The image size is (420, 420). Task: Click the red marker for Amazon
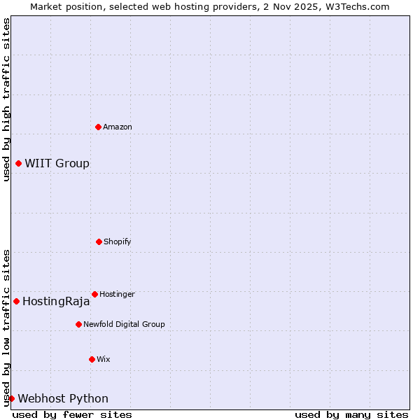98,127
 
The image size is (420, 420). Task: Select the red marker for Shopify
99,241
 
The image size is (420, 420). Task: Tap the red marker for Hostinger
94,294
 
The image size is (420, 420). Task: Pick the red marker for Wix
92,359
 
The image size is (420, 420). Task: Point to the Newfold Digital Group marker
78,324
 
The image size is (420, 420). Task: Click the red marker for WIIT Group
18,163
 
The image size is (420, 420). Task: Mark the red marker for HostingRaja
16,301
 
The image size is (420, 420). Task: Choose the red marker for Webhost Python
11,398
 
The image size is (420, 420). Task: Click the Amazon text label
118,127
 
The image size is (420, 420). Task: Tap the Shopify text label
118,241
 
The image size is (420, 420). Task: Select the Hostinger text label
117,294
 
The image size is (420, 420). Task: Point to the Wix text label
104,359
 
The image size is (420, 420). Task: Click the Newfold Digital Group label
124,324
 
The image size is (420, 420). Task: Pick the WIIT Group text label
57,163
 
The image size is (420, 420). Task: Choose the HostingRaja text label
56,302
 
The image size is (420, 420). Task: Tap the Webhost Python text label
63,398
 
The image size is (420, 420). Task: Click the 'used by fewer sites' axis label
72,414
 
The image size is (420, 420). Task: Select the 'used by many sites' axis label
351,414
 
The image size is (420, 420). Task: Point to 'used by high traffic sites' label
6,99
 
